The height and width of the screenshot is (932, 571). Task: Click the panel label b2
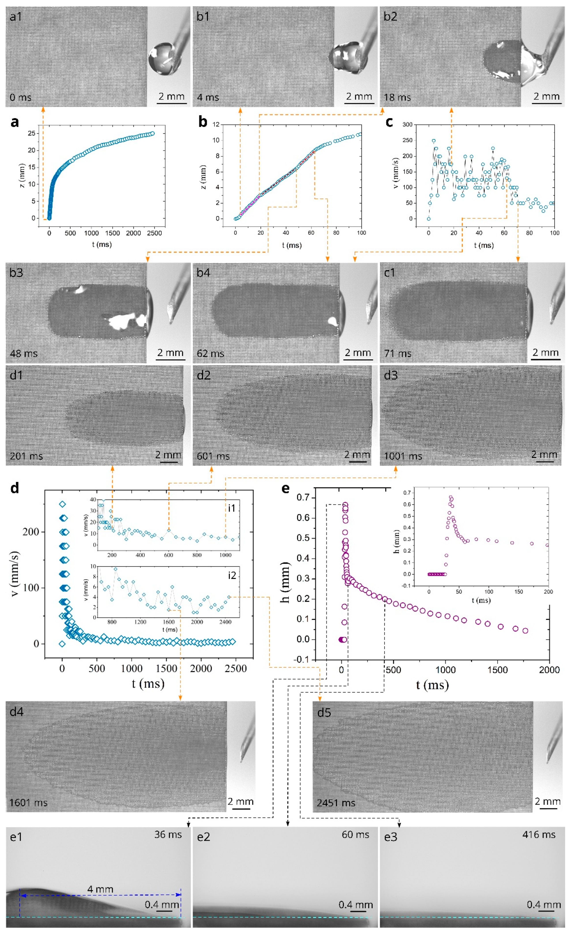pos(391,17)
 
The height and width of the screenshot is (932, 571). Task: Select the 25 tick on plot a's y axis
pos(31,133)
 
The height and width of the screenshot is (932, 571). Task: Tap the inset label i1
pos(231,508)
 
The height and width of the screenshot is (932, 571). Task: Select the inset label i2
pos(231,575)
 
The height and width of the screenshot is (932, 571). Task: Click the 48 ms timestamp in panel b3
pos(23,354)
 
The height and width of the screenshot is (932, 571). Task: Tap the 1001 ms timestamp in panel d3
pos(403,456)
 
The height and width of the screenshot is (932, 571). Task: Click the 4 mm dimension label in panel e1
pos(100,889)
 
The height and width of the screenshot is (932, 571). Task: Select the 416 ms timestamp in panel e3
pos(539,834)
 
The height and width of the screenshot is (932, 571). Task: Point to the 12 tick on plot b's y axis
pos(216,125)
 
